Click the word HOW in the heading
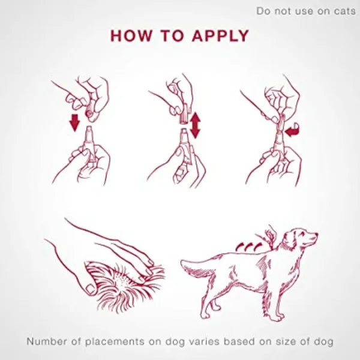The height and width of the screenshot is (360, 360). [131, 35]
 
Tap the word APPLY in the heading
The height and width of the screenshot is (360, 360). [221, 35]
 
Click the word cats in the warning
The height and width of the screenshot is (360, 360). [344, 11]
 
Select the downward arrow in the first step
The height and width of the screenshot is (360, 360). [74, 123]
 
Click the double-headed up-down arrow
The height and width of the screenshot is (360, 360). [195, 125]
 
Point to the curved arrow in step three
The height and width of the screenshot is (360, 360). [292, 130]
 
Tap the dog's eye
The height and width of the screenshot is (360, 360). [302, 233]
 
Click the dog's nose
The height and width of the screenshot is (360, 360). [317, 234]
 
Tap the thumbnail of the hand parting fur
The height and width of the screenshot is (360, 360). [91, 289]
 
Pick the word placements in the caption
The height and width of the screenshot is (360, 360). [115, 342]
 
